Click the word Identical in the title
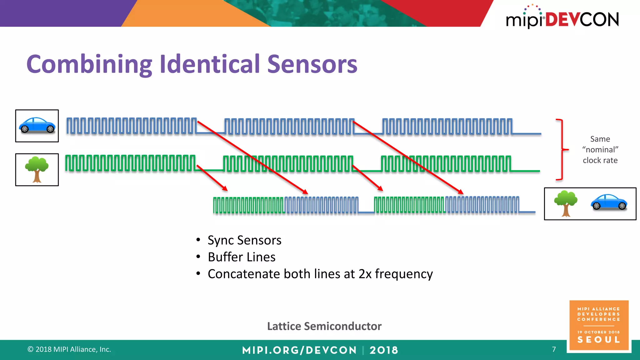coord(209,64)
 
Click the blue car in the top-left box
coord(37,125)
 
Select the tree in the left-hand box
coord(37,169)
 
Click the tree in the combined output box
coord(566,203)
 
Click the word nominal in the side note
coord(600,150)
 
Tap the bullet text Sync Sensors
coord(244,240)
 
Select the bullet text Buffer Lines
coord(242,257)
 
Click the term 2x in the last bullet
coord(365,274)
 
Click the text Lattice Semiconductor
coord(324,326)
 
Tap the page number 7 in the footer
coord(554,349)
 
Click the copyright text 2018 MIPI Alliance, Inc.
coord(69,349)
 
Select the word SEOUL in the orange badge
coord(598,340)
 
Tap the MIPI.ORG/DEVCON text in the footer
coord(299,350)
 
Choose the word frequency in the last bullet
coord(404,274)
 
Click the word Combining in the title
coord(89,64)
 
